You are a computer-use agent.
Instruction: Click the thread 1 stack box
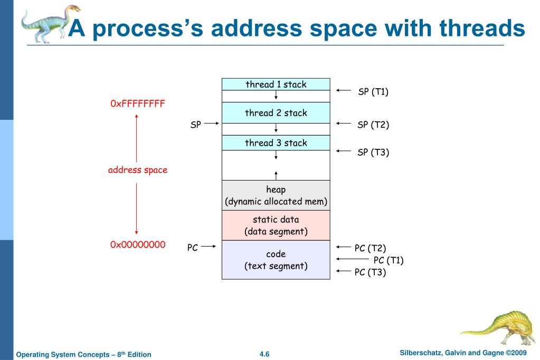point(276,84)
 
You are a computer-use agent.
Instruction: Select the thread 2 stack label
point(276,113)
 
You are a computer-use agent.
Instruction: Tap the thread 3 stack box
point(276,143)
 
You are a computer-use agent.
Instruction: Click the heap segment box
point(276,195)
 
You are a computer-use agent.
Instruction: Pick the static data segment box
point(276,225)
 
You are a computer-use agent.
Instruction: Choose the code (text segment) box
point(276,260)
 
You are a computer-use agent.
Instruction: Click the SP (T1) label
point(373,92)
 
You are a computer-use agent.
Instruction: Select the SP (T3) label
point(373,152)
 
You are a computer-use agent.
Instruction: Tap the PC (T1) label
point(389,260)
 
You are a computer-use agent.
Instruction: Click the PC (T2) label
point(370,248)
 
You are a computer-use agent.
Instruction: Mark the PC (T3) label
point(370,272)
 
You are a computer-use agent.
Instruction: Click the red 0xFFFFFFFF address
point(137,103)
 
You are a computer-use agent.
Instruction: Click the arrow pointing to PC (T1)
point(353,259)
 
